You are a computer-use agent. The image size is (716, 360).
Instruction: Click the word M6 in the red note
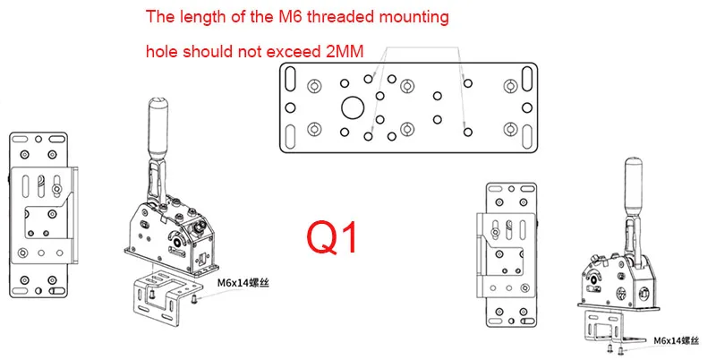[x=278, y=17]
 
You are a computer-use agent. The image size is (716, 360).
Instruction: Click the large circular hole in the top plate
[x=352, y=107]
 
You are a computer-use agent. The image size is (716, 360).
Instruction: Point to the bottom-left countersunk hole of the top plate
[x=314, y=125]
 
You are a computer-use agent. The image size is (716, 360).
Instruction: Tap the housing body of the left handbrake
[x=170, y=235]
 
